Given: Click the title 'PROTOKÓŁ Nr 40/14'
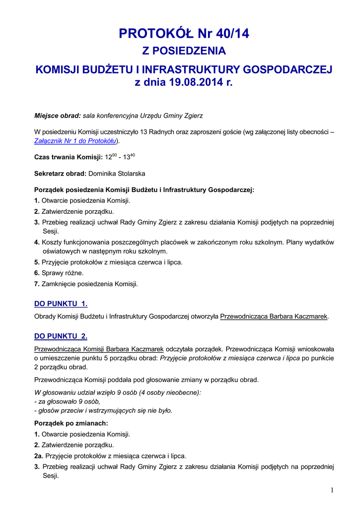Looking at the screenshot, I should (x=184, y=34).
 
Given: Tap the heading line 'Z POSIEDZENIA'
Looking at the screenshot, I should (x=184, y=51).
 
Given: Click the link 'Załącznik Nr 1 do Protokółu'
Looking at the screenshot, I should (x=75, y=141).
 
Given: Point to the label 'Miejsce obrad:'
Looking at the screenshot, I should (x=57, y=116).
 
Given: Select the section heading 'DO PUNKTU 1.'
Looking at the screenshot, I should (x=61, y=304).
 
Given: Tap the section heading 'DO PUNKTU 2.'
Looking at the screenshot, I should (x=61, y=336).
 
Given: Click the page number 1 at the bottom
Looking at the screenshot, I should (x=332, y=491).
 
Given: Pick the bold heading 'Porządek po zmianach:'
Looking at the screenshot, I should (x=71, y=423).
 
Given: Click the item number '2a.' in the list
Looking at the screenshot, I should (x=39, y=456).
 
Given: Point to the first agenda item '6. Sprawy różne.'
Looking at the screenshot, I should (x=59, y=273).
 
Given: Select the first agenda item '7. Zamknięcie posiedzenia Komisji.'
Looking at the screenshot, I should (x=85, y=284).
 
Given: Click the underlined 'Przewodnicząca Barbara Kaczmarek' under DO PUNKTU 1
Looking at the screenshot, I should (x=274, y=316).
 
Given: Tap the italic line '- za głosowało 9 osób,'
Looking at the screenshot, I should (x=67, y=401).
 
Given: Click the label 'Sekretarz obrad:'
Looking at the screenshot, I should (x=60, y=174).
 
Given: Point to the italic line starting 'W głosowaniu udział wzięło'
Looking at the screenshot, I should (x=117, y=392).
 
